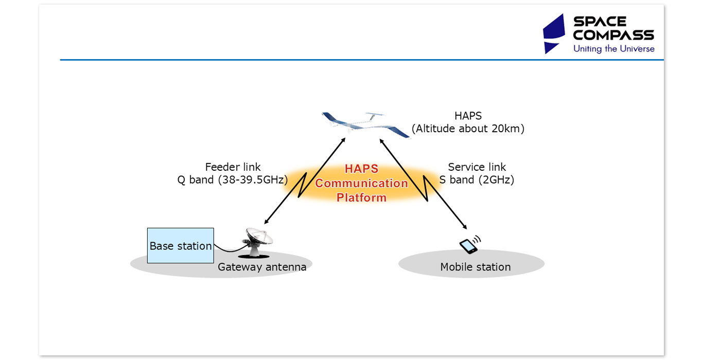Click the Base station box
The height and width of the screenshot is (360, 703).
[180, 246]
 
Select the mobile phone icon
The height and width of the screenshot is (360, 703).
[468, 246]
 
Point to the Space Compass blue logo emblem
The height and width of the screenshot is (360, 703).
[555, 33]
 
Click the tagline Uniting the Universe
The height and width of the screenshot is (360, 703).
[614, 49]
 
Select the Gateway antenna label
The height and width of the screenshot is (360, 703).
[262, 267]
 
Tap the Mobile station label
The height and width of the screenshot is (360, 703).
[475, 267]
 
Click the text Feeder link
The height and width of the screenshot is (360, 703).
[233, 167]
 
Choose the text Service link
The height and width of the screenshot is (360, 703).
[477, 167]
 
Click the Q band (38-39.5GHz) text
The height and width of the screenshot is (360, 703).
[233, 180]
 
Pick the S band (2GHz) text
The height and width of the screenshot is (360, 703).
[477, 180]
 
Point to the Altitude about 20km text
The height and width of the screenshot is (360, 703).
[468, 129]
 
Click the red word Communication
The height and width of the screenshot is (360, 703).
[361, 183]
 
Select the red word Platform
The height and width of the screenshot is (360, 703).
[361, 197]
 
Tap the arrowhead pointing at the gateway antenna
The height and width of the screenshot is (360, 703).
[266, 222]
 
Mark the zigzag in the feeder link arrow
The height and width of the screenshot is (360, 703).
[303, 185]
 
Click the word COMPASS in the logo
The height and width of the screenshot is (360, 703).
[613, 35]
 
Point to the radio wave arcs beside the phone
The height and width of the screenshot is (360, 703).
[478, 239]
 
